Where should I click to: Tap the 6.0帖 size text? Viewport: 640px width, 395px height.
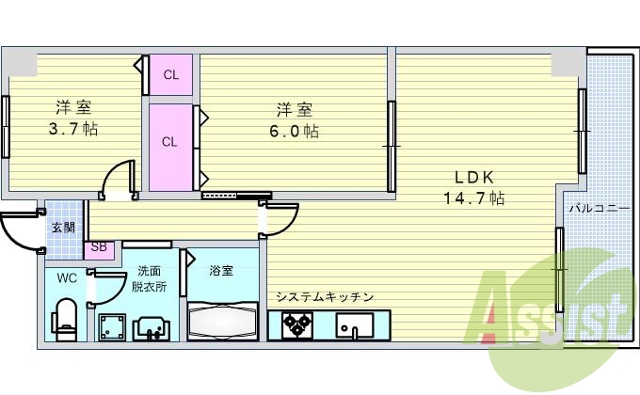(296, 131)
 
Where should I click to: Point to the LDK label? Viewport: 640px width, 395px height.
(474, 177)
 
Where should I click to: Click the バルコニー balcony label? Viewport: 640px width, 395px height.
(597, 208)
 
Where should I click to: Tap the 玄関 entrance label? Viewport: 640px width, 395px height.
(63, 227)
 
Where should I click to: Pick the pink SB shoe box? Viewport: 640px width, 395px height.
(99, 249)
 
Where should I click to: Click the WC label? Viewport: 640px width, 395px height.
(66, 278)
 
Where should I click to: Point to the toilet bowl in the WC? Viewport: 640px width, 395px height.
(66, 318)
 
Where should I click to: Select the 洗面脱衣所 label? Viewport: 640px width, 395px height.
(149, 279)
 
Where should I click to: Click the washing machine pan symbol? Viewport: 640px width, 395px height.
(113, 326)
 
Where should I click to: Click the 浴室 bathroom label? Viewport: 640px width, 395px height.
(222, 271)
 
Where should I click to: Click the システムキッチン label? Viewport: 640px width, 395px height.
(325, 297)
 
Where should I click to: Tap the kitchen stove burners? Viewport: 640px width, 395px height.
(299, 325)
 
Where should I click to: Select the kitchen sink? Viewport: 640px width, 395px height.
(356, 326)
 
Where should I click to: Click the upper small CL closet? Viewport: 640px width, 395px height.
(170, 74)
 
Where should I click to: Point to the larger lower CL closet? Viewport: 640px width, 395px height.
(170, 143)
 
